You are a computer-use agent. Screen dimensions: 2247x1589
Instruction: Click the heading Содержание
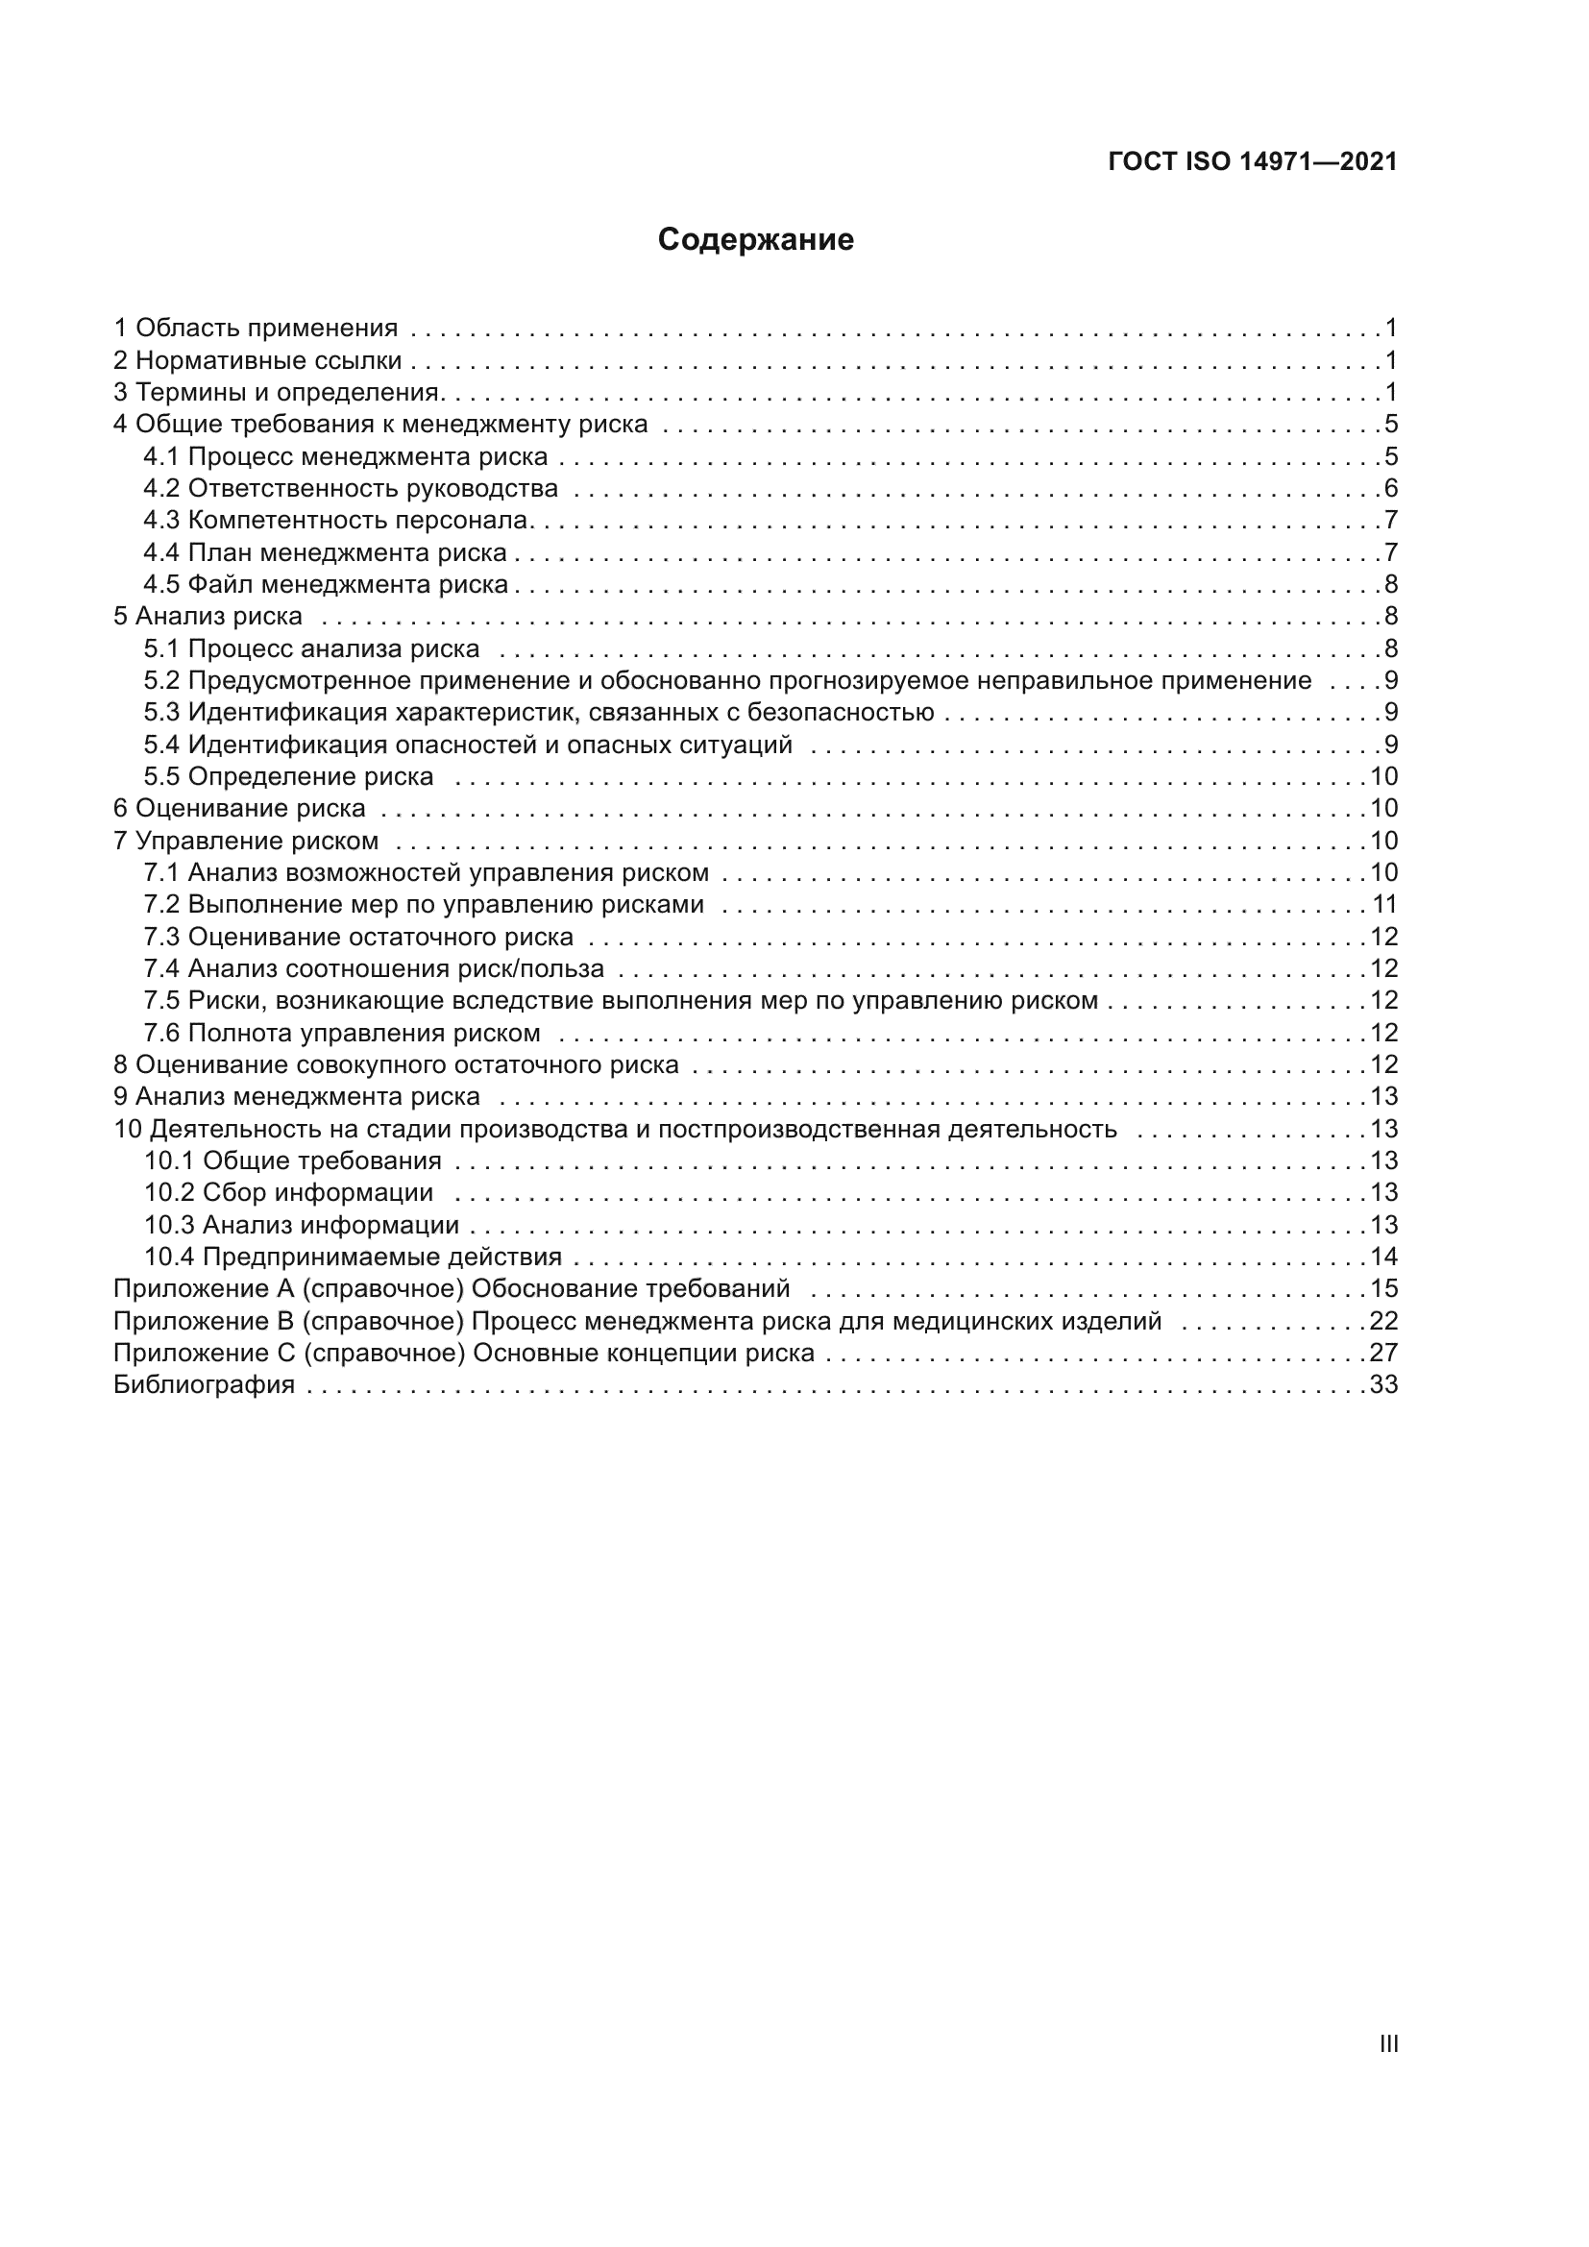pos(755,240)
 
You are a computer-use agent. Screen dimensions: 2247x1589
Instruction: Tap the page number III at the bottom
pos(1387,2043)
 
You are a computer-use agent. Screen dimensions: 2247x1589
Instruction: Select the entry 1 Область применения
pos(256,328)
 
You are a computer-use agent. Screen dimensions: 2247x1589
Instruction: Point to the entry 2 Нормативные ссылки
pos(257,360)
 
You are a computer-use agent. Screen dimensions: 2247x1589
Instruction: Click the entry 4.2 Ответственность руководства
pos(351,488)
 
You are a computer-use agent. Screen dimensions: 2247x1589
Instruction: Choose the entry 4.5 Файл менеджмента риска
pos(326,584)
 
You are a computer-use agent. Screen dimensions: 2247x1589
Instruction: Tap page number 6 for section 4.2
pos(1390,488)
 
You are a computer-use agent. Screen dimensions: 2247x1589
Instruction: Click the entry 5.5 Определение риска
pos(288,776)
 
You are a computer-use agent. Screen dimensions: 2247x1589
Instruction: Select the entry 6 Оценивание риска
pos(240,808)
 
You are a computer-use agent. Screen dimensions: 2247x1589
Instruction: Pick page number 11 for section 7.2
pos(1383,904)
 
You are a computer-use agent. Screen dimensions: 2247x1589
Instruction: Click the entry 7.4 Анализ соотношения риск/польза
pos(374,969)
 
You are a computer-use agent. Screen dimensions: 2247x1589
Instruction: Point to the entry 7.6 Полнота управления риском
pos(341,1033)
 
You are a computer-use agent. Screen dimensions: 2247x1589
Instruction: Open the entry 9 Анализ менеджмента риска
pos(297,1096)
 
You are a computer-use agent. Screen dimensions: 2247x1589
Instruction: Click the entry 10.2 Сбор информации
pos(288,1192)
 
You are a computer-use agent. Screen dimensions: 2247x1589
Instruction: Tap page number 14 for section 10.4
pos(1383,1257)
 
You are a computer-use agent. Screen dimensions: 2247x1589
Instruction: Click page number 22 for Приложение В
pos(1383,1321)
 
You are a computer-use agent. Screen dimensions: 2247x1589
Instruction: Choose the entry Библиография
pos(204,1385)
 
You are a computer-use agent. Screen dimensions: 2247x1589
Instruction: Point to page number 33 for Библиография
pos(1383,1385)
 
